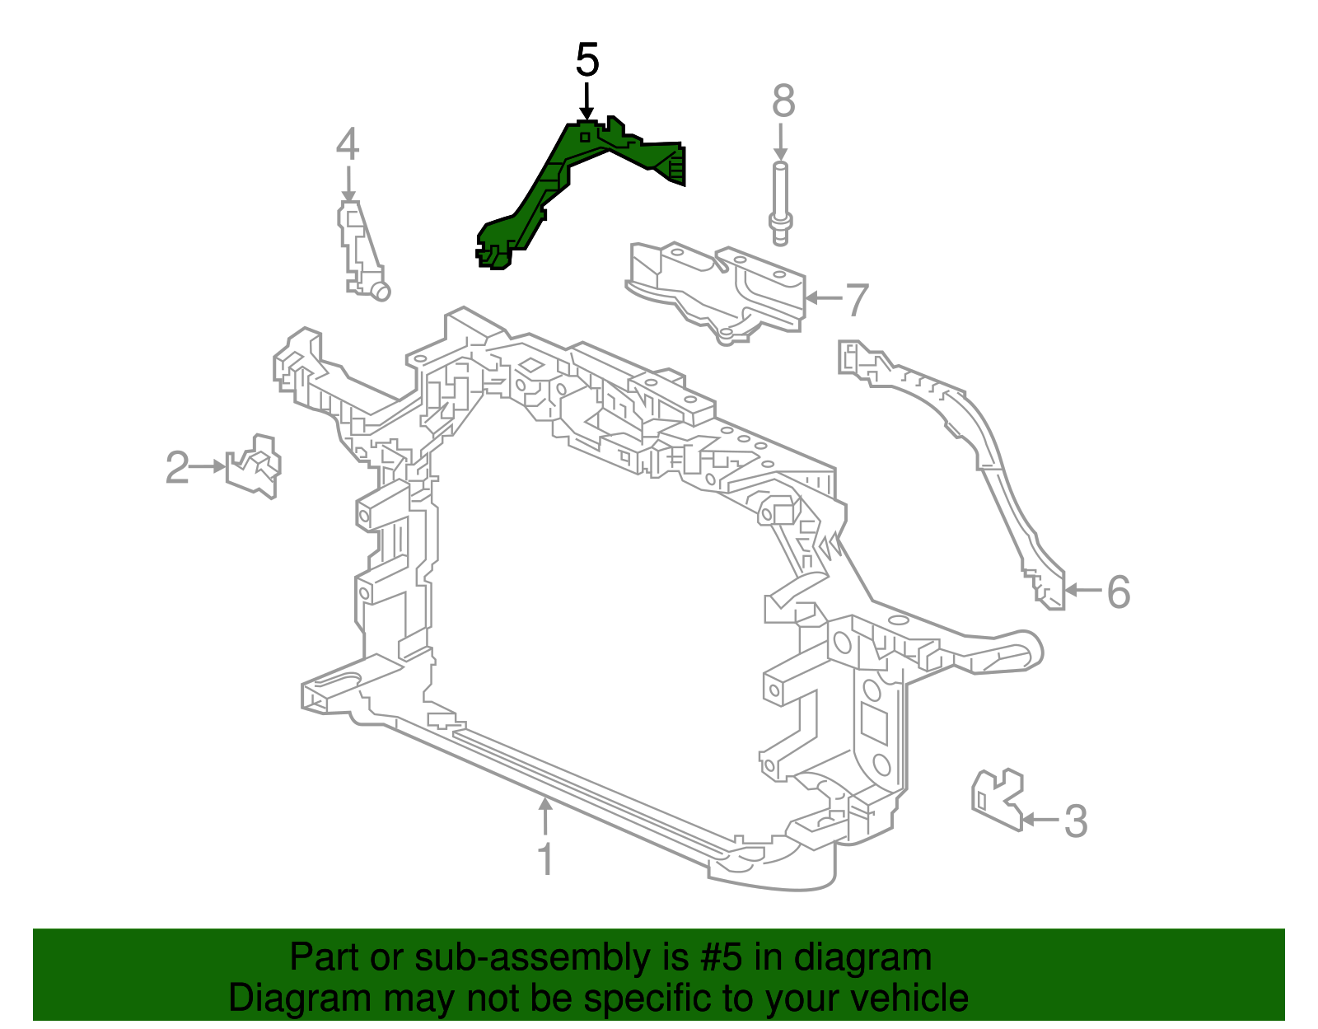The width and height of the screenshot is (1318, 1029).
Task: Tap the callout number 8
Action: click(x=783, y=101)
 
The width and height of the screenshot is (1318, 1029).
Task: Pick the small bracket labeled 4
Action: click(x=359, y=247)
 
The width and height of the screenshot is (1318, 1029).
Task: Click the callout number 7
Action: click(x=857, y=300)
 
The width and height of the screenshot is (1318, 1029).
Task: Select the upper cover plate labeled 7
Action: click(x=717, y=288)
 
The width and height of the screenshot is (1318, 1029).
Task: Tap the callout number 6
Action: click(x=1118, y=592)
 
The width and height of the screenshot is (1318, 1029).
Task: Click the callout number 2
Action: click(x=177, y=467)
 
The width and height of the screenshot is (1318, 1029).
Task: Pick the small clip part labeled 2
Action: click(x=255, y=467)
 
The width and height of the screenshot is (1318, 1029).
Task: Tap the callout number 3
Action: click(x=1076, y=821)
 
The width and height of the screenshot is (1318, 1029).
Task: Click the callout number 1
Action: click(x=544, y=858)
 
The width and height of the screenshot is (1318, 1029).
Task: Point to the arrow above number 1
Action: click(x=544, y=816)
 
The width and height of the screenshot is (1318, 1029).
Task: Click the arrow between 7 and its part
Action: click(x=824, y=298)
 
